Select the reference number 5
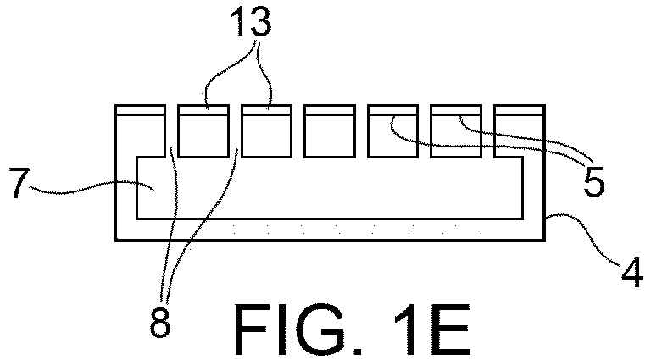pyautogui.click(x=593, y=183)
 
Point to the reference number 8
pyautogui.click(x=160, y=322)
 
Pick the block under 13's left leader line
pyautogui.click(x=203, y=131)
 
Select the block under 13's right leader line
pyautogui.click(x=267, y=131)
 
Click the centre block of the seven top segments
pyautogui.click(x=330, y=131)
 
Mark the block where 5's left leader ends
pyautogui.click(x=393, y=131)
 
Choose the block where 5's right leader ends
pyautogui.click(x=456, y=131)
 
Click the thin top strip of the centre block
pyautogui.click(x=330, y=110)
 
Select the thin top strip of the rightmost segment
pyautogui.click(x=520, y=110)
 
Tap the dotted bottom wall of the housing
pyautogui.click(x=330, y=230)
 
